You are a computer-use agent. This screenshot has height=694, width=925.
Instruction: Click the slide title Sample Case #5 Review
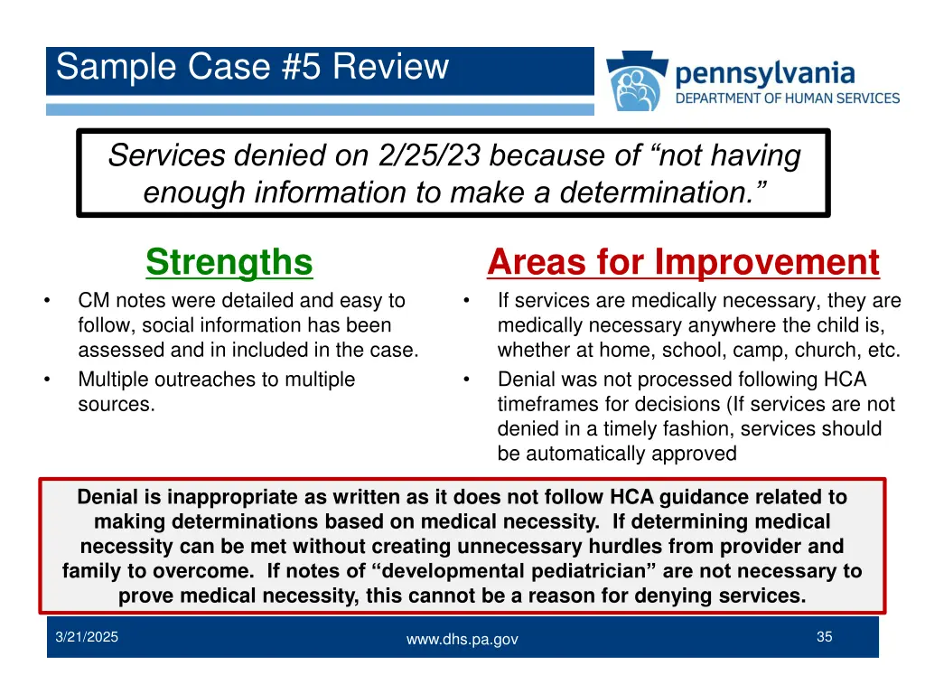click(x=252, y=68)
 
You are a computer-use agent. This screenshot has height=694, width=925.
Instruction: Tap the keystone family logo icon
click(x=636, y=82)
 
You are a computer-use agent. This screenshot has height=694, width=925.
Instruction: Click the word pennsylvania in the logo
click(x=764, y=72)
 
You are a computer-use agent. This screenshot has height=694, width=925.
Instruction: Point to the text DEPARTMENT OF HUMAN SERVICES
click(x=788, y=98)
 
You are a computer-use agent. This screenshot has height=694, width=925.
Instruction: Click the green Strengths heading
click(x=229, y=263)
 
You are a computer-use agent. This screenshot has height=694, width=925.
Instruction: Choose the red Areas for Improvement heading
click(x=682, y=263)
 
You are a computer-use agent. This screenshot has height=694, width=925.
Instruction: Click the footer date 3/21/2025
click(x=87, y=637)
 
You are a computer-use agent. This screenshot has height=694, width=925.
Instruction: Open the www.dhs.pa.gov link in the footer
click(x=462, y=639)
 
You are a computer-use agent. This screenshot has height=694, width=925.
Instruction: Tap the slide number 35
click(x=824, y=637)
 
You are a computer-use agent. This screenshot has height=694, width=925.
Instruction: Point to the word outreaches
click(x=201, y=380)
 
